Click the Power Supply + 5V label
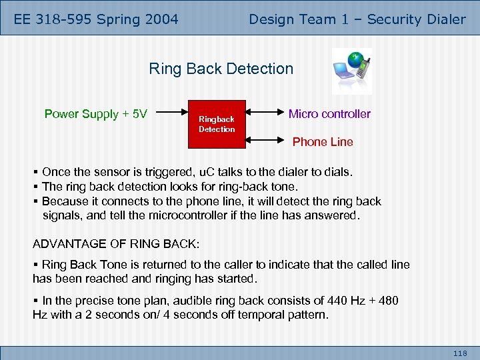95,114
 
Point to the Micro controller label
329,114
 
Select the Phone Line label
323,142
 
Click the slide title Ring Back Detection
221,69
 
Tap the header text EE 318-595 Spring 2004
96,19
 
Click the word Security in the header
394,19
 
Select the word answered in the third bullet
331,215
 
